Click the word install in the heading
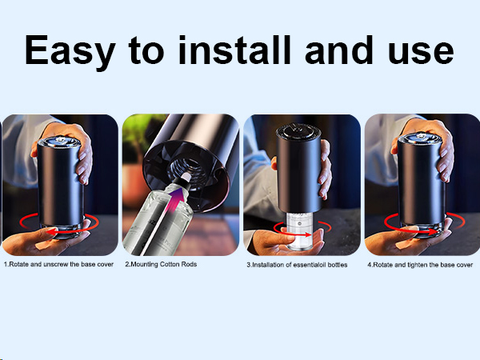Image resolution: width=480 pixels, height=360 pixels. (x=234, y=50)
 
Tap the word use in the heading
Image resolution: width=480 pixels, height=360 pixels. (x=422, y=54)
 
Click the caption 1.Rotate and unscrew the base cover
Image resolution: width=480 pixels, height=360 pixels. (x=58, y=264)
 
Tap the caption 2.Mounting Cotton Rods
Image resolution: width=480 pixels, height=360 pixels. (x=161, y=264)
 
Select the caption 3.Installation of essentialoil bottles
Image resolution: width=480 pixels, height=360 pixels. (x=297, y=265)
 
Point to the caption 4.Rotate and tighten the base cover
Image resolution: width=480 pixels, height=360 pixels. (x=420, y=265)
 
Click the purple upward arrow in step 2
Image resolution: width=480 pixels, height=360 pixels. (x=174, y=201)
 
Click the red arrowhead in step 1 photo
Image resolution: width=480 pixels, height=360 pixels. (x=52, y=232)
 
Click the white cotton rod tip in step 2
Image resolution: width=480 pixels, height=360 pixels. (x=186, y=177)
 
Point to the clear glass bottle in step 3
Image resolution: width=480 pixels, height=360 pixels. (x=299, y=230)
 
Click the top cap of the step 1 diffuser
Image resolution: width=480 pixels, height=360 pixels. (x=58, y=142)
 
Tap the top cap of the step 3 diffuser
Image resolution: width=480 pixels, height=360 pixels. (x=298, y=132)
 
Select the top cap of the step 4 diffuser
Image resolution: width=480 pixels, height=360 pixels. (x=420, y=138)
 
